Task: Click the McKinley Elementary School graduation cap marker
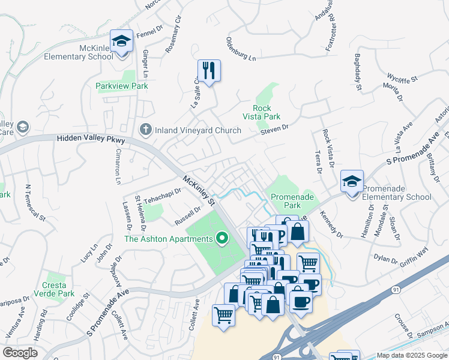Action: pos(122,41)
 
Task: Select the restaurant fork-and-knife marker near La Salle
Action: pos(209,71)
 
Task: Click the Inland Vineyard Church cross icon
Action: pos(145,130)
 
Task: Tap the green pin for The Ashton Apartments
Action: pos(222,239)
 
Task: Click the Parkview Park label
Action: pos(122,86)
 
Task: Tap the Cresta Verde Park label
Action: pos(59,289)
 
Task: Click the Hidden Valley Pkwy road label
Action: pos(91,139)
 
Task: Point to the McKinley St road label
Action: pos(199,190)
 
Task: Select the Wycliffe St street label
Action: pos(403,78)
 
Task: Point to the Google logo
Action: pos(20,353)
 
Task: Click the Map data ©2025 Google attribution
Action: pos(411,355)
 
